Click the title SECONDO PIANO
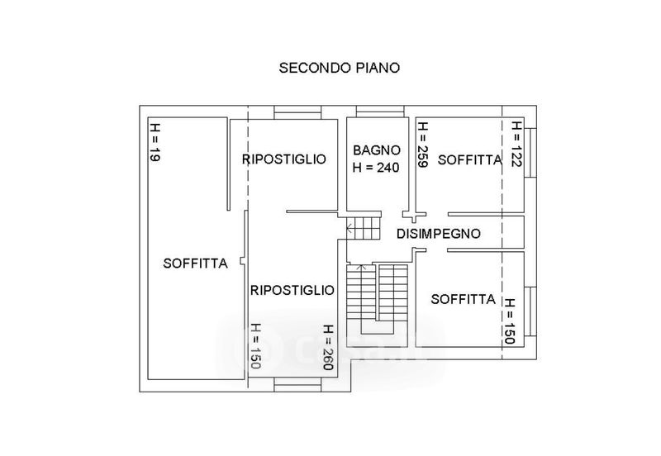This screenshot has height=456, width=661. [340, 68]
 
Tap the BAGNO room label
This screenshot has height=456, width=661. [377, 150]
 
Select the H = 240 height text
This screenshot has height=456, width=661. [376, 168]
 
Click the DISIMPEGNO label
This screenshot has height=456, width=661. [439, 234]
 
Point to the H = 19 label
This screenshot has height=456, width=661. [155, 142]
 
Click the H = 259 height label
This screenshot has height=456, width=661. [423, 145]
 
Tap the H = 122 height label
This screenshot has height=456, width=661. [516, 144]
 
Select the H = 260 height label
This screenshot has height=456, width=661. [328, 347]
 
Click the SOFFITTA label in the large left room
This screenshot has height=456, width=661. [195, 264]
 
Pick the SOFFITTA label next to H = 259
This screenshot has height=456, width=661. [470, 159]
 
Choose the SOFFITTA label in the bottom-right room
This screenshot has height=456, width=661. [463, 299]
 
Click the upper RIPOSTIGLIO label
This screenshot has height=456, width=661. [284, 159]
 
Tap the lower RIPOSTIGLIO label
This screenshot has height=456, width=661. [292, 290]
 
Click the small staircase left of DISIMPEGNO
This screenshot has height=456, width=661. [364, 228]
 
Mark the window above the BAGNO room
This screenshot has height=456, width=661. [380, 112]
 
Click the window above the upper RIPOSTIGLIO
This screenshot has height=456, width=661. [298, 112]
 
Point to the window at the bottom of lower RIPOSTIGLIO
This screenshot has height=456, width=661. [297, 385]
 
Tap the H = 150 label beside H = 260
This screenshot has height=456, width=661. [255, 345]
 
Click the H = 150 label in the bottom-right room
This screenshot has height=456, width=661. [510, 321]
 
